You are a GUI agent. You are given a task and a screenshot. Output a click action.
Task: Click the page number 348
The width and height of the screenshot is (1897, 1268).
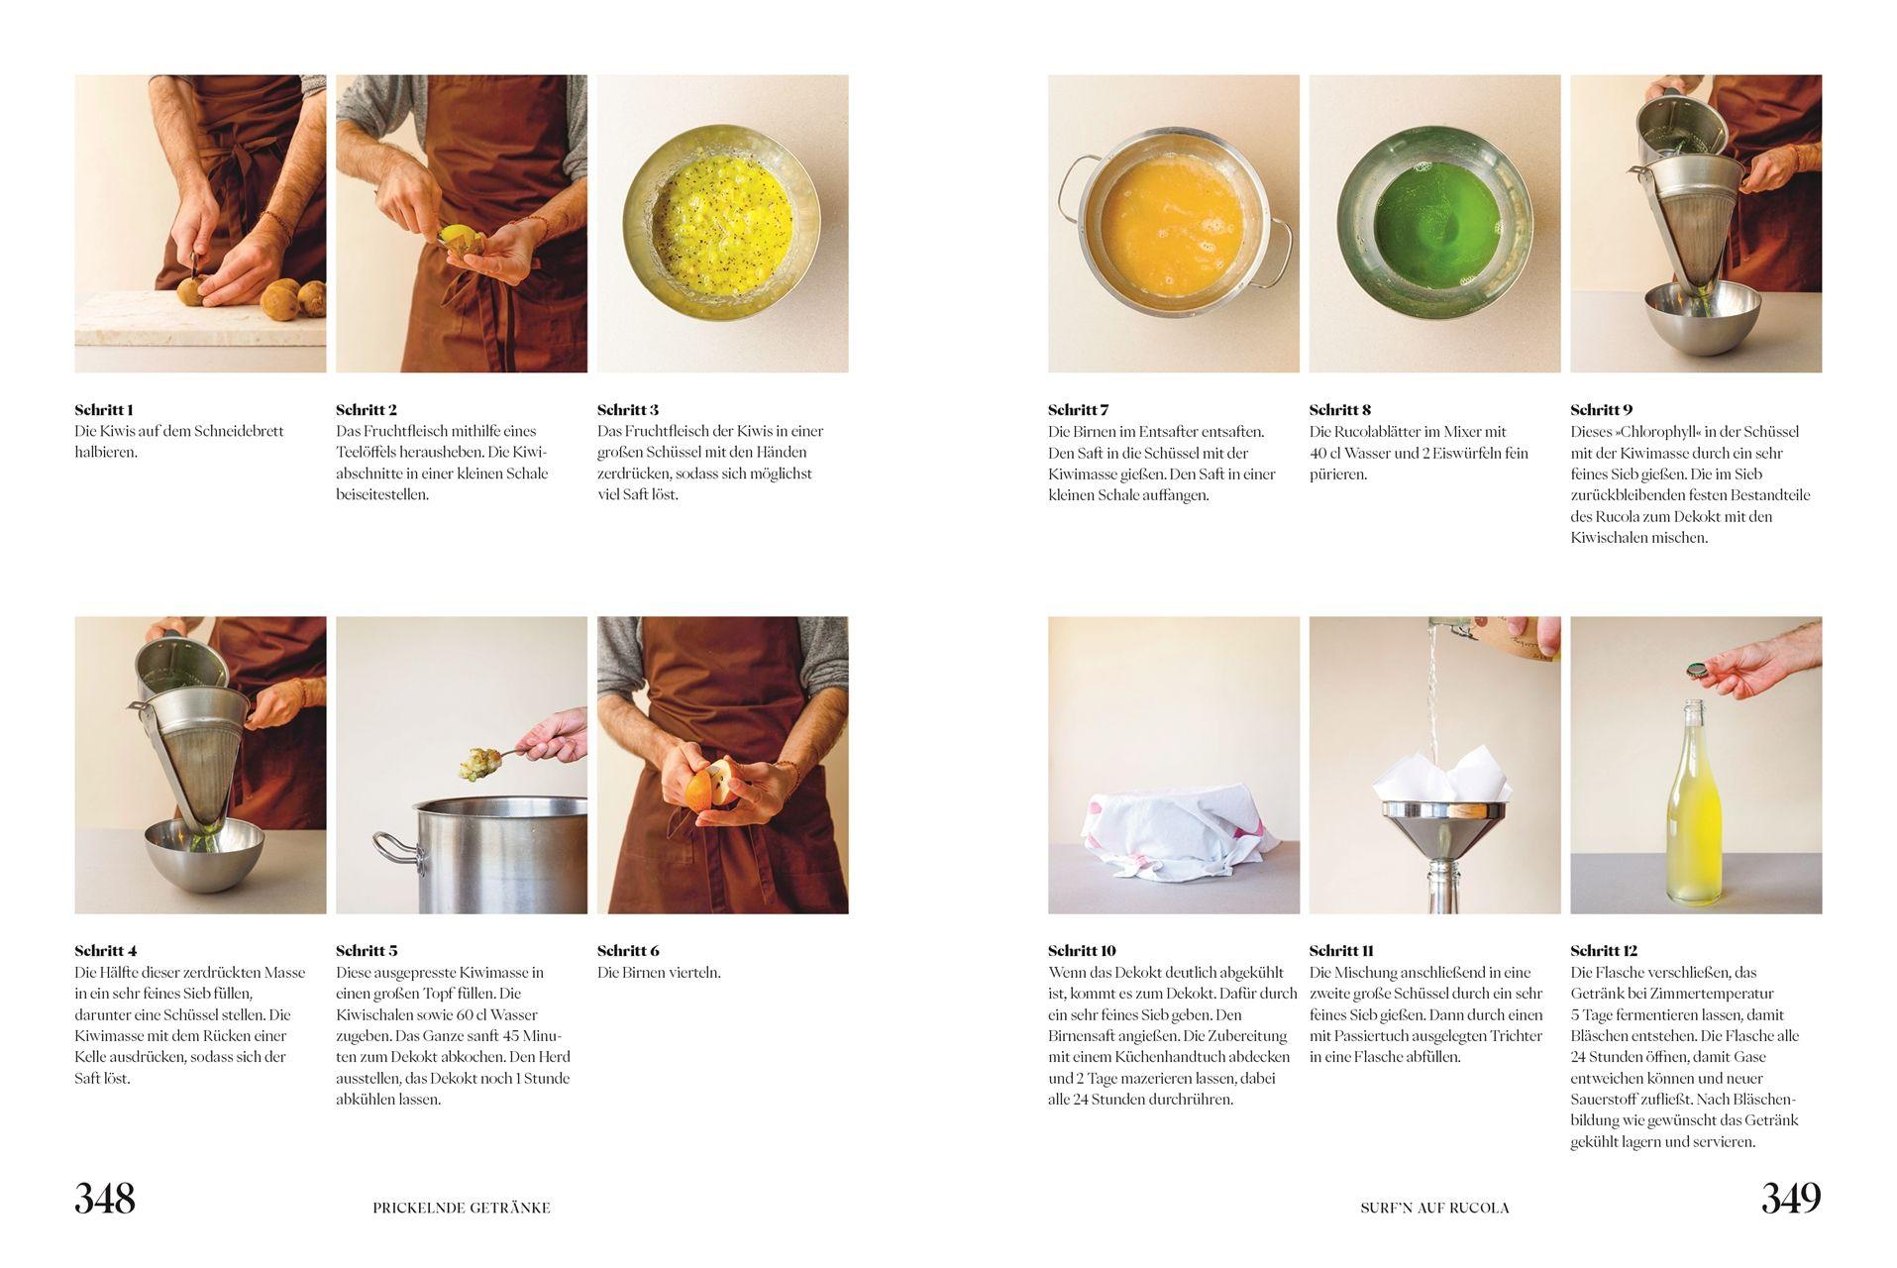point(105,1199)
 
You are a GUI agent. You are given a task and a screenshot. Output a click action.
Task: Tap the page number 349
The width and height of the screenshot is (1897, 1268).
point(1791,1199)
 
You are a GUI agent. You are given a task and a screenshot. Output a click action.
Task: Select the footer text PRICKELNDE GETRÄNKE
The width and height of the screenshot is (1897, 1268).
point(462,1208)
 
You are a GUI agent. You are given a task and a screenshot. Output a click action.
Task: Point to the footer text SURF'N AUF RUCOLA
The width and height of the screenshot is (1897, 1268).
point(1435,1208)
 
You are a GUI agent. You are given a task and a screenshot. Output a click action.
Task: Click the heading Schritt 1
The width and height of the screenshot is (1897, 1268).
point(104,410)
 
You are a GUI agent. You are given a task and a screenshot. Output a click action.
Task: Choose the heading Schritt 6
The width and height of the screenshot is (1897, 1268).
point(628,951)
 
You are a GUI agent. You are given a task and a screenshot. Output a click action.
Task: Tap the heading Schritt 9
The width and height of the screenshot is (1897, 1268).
point(1602,410)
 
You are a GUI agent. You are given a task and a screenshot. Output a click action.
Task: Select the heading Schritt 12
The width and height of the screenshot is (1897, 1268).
point(1604,951)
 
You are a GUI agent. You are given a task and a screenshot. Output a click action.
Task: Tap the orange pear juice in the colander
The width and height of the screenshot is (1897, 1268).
point(1173,219)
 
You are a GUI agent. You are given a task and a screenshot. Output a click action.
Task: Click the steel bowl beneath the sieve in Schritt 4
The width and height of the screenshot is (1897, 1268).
point(204,854)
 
